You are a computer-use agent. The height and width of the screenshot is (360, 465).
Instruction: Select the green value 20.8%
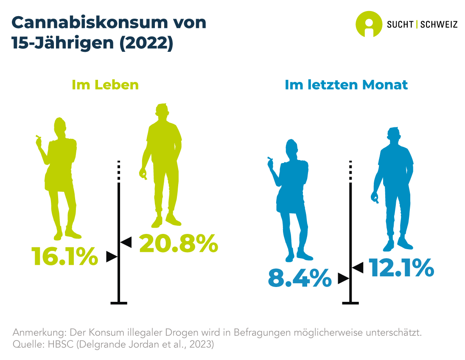[179, 244]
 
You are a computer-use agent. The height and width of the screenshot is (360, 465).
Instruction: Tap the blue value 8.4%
[300, 278]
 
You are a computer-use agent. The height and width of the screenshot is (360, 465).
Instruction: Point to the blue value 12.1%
[401, 268]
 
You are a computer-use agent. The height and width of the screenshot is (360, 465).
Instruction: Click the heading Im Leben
[105, 84]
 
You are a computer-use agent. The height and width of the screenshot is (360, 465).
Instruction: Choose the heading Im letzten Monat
[346, 84]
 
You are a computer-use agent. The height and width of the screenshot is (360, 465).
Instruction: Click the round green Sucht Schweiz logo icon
[368, 24]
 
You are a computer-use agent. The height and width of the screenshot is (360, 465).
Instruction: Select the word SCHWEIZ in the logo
[439, 25]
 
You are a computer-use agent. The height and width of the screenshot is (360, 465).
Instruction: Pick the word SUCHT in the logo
[400, 25]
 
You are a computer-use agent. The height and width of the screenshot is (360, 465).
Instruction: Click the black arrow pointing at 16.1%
[112, 256]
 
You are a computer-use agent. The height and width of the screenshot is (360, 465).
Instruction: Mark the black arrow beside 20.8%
[126, 242]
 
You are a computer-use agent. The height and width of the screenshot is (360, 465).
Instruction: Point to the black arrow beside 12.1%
[358, 267]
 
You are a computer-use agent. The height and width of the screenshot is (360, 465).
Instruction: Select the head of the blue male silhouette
[394, 135]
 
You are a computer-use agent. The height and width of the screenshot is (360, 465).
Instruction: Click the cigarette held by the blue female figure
[269, 159]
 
